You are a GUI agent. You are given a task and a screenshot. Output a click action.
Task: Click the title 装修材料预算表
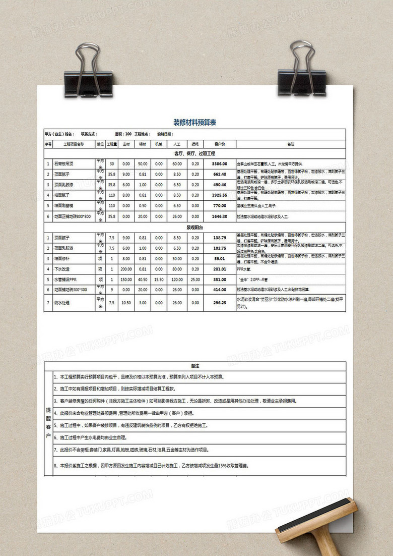click(194, 123)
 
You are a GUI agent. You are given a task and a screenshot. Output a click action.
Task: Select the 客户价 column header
click(219, 144)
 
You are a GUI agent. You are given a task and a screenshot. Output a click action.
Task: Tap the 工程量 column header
click(112, 144)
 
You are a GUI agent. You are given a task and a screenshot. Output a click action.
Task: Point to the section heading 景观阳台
click(194, 228)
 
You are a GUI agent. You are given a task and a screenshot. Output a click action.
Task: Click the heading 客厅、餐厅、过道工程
click(194, 153)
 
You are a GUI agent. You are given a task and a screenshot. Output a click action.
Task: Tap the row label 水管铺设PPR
click(66, 279)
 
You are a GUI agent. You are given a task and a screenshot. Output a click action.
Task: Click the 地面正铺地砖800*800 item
click(73, 216)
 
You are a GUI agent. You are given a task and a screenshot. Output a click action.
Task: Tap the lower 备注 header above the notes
click(194, 366)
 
